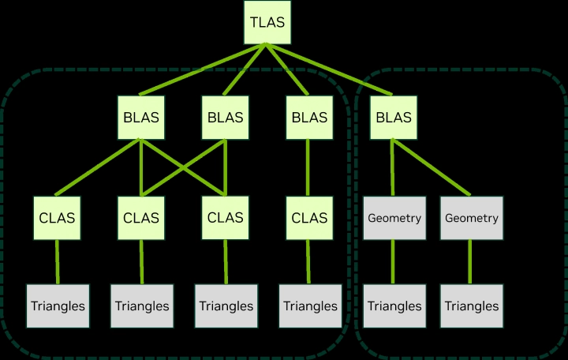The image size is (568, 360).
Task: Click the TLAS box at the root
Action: click(267, 22)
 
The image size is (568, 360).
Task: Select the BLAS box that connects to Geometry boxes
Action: click(394, 118)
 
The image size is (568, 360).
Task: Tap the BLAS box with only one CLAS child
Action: click(309, 118)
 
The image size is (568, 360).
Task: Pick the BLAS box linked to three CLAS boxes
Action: click(140, 118)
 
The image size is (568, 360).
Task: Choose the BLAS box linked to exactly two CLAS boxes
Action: click(225, 118)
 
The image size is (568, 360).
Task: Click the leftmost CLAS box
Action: click(57, 218)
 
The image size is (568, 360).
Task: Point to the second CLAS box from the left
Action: click(140, 218)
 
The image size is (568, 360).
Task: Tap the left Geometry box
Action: click(394, 218)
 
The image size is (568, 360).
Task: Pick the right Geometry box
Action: click(470, 218)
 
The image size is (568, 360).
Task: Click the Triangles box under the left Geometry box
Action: click(394, 306)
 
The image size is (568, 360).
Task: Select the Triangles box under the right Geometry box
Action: click(470, 306)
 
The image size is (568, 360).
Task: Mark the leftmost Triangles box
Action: click(57, 306)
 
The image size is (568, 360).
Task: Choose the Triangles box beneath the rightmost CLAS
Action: click(309, 306)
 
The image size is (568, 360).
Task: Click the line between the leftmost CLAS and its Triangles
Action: click(57, 261)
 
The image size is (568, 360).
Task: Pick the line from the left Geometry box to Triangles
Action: click(394, 261)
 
